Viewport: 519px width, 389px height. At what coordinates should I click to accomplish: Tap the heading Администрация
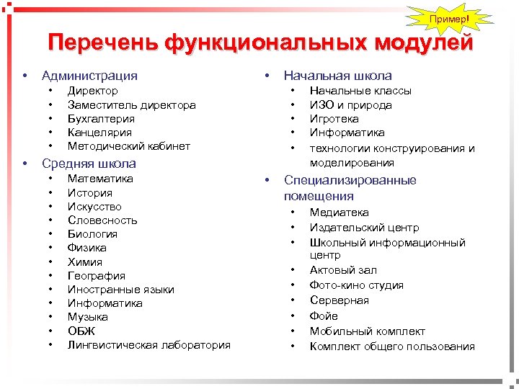coord(89,75)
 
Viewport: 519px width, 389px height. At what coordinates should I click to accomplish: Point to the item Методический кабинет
coord(129,146)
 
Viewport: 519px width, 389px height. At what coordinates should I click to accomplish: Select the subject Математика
coord(100,179)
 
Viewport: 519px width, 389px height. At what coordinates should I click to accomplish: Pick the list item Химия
coord(85,261)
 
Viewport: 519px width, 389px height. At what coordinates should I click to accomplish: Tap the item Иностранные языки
coord(121,289)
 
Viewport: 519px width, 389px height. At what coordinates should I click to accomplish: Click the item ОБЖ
coord(81,331)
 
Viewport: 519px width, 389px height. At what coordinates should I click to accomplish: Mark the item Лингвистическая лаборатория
coord(149,344)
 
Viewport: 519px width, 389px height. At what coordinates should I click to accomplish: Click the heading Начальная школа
coord(338,75)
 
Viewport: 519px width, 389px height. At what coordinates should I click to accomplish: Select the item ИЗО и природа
coord(351,104)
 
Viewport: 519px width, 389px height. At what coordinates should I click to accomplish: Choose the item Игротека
coord(334,118)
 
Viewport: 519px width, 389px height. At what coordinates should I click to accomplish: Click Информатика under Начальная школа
coord(347,132)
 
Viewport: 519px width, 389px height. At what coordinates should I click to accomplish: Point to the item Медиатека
coord(339,213)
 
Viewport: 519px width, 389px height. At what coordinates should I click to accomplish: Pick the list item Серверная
coord(339,300)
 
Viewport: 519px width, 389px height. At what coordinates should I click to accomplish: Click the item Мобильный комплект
coord(368,331)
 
